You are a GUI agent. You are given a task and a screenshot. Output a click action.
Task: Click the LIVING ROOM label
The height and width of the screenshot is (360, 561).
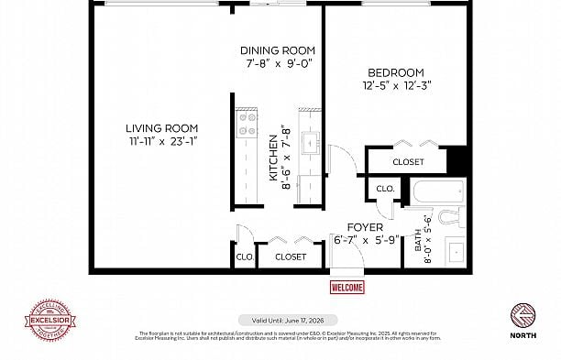coord(161,128)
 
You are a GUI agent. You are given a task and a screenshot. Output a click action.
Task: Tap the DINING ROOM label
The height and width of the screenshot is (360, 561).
coord(278,50)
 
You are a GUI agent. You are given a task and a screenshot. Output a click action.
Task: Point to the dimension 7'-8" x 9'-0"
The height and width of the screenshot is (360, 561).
coord(278,64)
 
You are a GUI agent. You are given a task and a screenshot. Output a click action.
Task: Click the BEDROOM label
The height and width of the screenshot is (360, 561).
coord(395,73)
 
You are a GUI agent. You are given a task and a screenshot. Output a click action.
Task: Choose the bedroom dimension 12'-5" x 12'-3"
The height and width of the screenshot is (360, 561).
coord(395,86)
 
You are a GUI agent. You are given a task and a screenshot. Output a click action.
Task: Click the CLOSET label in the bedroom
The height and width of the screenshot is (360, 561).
coord(408,162)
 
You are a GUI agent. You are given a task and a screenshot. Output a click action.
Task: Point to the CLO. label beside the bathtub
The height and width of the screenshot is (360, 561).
coord(384,190)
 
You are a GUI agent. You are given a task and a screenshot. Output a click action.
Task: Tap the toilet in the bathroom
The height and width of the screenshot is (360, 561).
coord(448,217)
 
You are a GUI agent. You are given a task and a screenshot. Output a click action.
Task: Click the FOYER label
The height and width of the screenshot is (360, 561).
coord(364,227)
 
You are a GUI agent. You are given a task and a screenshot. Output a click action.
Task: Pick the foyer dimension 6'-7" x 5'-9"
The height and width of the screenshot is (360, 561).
coord(364,240)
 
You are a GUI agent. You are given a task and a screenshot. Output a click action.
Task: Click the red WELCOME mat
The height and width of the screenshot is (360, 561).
coord(346,288)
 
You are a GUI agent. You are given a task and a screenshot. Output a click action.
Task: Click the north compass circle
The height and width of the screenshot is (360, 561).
coord(523,315)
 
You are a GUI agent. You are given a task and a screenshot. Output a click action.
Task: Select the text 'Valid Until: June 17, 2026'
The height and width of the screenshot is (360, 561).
coord(281,321)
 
